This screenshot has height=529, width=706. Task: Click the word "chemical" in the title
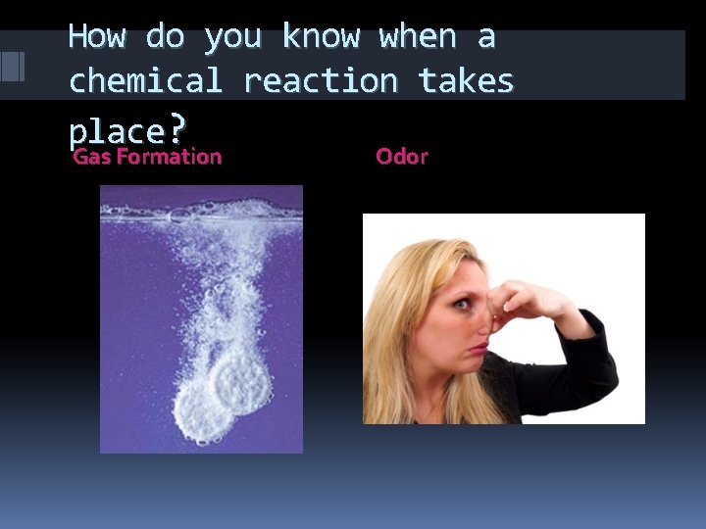[145, 80]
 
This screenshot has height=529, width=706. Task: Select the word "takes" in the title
[466, 80]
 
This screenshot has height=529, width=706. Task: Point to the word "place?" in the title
[126, 129]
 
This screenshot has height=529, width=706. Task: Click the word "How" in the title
[97, 37]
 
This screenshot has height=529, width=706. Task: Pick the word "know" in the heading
[321, 37]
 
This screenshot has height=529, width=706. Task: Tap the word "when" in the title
[417, 37]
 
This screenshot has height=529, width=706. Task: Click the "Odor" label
[402, 157]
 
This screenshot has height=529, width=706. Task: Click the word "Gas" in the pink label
[93, 157]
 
